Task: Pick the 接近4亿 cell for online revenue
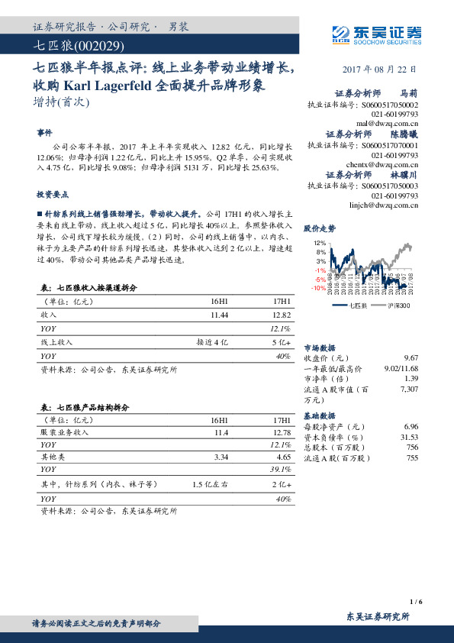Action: [212, 342]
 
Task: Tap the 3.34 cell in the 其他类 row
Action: [221, 456]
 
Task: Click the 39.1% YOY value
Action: [281, 469]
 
